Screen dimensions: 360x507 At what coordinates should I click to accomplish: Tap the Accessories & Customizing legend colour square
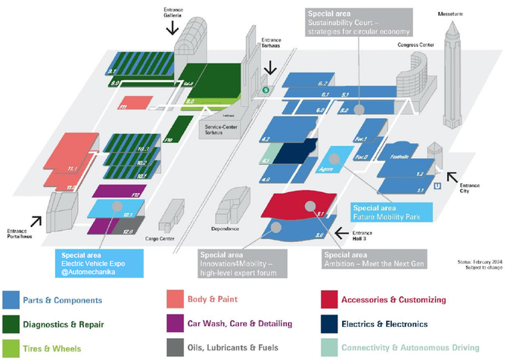tap(328, 299)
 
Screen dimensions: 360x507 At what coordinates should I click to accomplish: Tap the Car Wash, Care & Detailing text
tap(240, 323)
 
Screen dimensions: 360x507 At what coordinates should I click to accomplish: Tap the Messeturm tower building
tap(453, 61)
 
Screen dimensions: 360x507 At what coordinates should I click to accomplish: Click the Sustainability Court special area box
tap(357, 22)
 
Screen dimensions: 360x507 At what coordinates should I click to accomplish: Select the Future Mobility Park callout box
tap(384, 211)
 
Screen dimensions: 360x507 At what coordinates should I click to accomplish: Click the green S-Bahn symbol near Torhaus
tap(266, 90)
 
